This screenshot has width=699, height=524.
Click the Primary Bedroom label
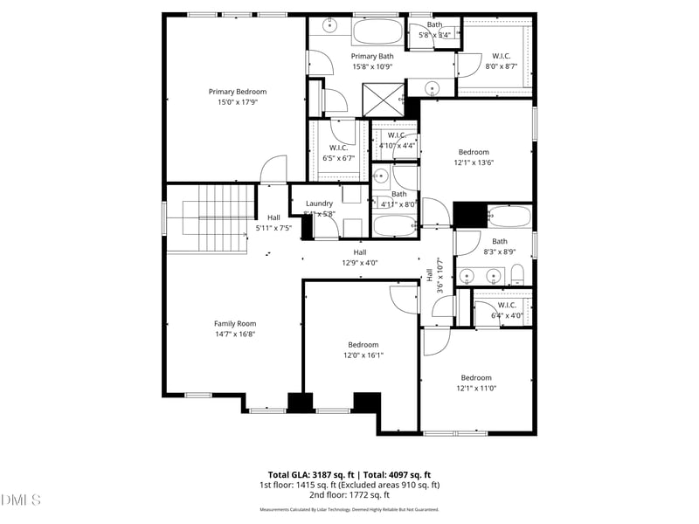click(x=237, y=92)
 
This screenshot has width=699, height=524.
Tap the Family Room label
click(x=235, y=323)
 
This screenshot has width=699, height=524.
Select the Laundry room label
click(x=319, y=203)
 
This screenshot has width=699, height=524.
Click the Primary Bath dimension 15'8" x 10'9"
click(x=372, y=66)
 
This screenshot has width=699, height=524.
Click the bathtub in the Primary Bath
click(x=377, y=33)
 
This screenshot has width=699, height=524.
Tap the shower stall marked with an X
click(x=380, y=97)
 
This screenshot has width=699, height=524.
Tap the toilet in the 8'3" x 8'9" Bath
click(x=517, y=277)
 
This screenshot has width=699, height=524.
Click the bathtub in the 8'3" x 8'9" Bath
click(x=509, y=216)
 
